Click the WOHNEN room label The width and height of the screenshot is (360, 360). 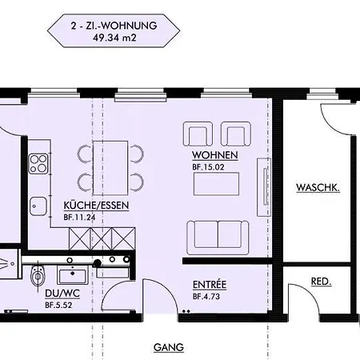point(215,155)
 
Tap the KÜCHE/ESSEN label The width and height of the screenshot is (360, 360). point(96,206)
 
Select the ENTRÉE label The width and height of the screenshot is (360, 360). point(210,285)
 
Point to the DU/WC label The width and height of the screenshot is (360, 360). point(62,294)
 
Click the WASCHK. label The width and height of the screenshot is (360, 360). point(318,187)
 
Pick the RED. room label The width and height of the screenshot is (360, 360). point(321,282)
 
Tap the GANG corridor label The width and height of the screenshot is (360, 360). point(169,347)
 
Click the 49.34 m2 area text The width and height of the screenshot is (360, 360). point(114,38)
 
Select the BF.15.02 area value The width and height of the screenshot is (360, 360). point(208,167)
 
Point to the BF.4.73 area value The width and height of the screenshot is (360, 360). point(206,297)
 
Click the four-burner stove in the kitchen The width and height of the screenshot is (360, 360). point(38,163)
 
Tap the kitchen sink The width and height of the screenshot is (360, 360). point(38,206)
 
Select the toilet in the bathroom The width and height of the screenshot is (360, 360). point(38,275)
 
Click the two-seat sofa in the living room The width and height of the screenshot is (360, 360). point(218,238)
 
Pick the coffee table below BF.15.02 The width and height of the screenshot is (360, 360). point(216,184)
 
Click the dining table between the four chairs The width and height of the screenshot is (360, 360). point(110,168)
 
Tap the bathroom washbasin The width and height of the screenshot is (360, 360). point(73,274)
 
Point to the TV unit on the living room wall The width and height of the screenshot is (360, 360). point(264,187)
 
